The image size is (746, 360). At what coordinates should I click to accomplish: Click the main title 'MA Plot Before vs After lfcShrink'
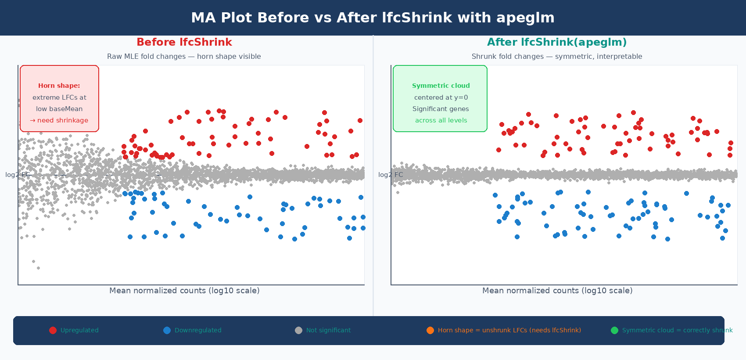[x=373, y=18]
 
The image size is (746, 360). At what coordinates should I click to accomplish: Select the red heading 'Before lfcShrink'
[x=184, y=42]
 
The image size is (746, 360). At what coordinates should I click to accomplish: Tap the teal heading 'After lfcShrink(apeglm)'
[x=557, y=42]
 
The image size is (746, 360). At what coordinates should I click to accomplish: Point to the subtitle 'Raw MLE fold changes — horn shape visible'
[x=184, y=56]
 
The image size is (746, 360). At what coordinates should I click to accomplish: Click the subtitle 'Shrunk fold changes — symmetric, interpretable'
[x=557, y=56]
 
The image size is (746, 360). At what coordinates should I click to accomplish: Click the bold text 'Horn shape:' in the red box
[x=59, y=86]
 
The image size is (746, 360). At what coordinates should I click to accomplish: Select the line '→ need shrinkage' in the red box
[x=59, y=120]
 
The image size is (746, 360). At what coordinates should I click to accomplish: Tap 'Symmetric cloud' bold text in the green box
[x=441, y=86]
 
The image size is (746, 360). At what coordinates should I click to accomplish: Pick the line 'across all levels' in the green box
[x=441, y=120]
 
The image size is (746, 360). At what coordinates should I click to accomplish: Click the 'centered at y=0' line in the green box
[x=441, y=97]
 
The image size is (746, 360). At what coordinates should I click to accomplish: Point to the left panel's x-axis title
[x=184, y=291]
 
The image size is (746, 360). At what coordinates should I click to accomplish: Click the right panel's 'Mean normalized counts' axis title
[x=557, y=291]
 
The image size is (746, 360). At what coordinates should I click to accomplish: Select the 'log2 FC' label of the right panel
[x=390, y=175]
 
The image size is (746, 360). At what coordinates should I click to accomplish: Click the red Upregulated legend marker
[x=53, y=330]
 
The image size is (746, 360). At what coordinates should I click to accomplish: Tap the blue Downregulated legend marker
[x=167, y=330]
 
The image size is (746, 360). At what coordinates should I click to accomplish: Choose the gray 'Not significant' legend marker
[x=298, y=330]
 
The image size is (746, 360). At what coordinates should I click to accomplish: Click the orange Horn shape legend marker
[x=430, y=330]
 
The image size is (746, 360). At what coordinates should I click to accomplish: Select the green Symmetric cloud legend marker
[x=614, y=330]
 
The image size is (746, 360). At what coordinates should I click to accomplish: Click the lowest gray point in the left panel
[x=38, y=268]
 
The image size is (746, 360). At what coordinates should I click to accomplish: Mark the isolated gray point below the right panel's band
[x=398, y=192]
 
